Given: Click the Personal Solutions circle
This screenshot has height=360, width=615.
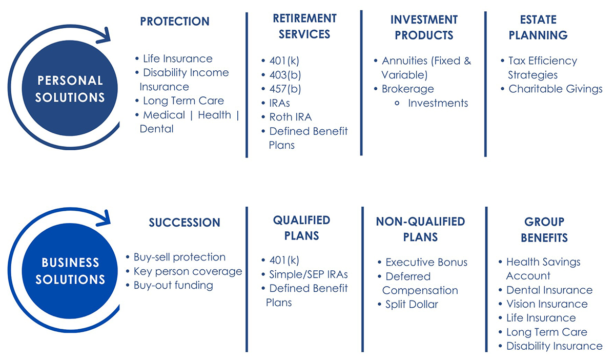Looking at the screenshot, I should (x=70, y=88).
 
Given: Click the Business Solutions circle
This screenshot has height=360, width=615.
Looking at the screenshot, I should (x=70, y=271).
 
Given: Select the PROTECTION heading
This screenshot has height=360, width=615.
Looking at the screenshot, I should (x=175, y=22).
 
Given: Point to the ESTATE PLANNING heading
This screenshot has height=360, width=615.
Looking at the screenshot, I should (x=538, y=27).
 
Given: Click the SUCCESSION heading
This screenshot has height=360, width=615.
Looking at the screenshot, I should (x=184, y=223).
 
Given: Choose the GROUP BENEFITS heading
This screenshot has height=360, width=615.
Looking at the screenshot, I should (x=544, y=230).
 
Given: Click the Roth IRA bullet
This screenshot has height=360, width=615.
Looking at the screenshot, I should (x=290, y=117).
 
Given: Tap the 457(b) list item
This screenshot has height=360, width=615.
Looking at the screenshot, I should (x=285, y=89).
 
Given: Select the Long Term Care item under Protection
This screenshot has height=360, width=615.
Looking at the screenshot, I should (x=183, y=101).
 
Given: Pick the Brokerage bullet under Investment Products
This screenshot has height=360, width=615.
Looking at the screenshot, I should (x=407, y=89).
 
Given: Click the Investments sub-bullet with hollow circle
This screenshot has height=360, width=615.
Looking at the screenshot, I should (x=438, y=103).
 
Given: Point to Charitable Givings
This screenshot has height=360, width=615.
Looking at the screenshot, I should (x=555, y=89).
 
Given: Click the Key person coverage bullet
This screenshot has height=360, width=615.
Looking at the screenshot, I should (x=187, y=271).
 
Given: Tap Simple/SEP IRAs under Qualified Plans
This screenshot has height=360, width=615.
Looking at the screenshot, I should (x=308, y=274).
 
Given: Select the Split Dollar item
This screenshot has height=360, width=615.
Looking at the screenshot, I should (x=411, y=304).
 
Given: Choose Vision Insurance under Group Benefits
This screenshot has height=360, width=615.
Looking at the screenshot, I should (x=546, y=304).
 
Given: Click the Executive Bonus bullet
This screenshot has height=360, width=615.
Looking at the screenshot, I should (x=426, y=262).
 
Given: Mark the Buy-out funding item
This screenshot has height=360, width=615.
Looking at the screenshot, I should (x=173, y=285).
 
